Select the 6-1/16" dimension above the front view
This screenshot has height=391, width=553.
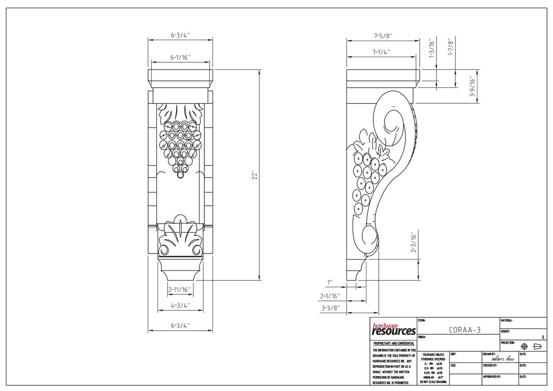[x=180, y=58]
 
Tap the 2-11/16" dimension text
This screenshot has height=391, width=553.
[x=180, y=290]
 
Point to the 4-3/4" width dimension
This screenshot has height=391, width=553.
[x=180, y=305]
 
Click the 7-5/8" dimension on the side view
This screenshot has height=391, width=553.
[x=383, y=35]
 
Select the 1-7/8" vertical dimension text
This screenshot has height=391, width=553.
[x=451, y=47]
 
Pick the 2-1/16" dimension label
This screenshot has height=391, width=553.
[x=330, y=296]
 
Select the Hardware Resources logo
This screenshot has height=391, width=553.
[x=394, y=329]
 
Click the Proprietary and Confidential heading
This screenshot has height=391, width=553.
[x=394, y=344]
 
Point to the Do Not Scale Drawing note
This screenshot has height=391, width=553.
[x=432, y=382]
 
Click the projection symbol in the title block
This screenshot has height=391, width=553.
[x=531, y=346]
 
